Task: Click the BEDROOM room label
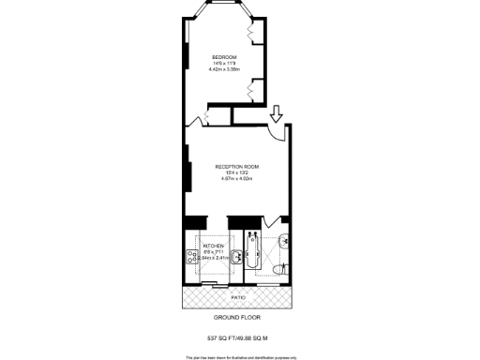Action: point(225,57)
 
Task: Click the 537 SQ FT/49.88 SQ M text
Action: point(239,336)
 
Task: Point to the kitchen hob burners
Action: point(191,251)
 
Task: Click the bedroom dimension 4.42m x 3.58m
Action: point(225,69)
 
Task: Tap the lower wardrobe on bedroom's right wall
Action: point(251,90)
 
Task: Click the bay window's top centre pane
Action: point(222,14)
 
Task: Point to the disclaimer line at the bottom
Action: point(239,356)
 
